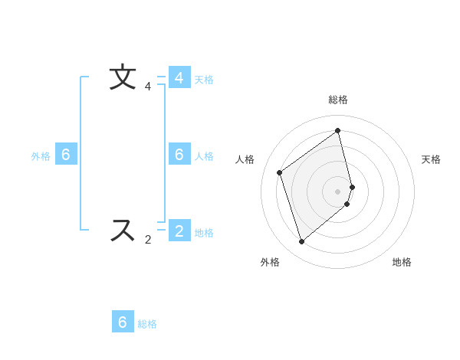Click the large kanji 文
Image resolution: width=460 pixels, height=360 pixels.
click(x=123, y=78)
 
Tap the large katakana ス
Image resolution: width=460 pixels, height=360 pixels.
click(x=123, y=231)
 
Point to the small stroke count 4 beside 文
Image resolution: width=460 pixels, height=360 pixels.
click(x=148, y=87)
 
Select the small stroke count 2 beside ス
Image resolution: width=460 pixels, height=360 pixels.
click(x=148, y=240)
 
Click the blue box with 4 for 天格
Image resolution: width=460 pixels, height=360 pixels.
click(x=179, y=78)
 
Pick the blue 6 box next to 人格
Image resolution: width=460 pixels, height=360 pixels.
click(x=179, y=155)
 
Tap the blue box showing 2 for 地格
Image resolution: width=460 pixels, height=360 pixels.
click(x=179, y=231)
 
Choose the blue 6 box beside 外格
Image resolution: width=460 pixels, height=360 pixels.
click(x=66, y=155)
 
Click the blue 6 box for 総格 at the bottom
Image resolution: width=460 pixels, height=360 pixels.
click(x=123, y=322)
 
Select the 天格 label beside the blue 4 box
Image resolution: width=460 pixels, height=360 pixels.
click(x=204, y=80)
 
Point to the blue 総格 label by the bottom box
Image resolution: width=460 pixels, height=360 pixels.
click(x=147, y=324)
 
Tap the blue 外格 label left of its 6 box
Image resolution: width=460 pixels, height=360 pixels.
click(x=41, y=156)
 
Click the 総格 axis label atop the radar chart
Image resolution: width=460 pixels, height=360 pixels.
click(x=338, y=100)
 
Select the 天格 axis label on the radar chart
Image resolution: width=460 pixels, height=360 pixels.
click(x=431, y=159)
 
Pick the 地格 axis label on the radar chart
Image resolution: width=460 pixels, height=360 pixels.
click(x=402, y=262)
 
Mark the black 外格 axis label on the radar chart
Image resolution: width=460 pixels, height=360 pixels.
click(x=270, y=262)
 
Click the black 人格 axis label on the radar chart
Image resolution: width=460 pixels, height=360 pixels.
click(x=245, y=159)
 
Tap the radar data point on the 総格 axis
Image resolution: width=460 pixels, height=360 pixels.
click(x=338, y=130)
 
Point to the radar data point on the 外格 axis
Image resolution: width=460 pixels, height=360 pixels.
click(x=301, y=242)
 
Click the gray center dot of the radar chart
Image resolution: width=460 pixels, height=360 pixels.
click(x=338, y=191)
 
